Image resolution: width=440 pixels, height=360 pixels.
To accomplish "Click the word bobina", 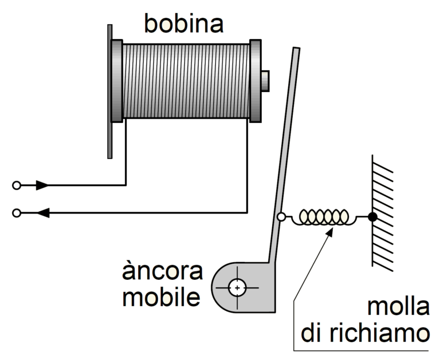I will click(x=183, y=23).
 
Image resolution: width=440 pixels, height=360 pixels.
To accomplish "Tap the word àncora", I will click(x=162, y=271).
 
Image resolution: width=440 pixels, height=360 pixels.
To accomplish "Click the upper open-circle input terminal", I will click(x=17, y=185).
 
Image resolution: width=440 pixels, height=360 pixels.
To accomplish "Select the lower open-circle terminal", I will click(x=17, y=213).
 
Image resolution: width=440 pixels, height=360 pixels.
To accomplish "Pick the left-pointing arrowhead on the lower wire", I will click(x=42, y=213).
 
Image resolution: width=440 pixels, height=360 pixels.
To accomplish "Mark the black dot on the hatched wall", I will click(x=372, y=217).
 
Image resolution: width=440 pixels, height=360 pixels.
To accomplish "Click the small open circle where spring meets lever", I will click(x=281, y=217).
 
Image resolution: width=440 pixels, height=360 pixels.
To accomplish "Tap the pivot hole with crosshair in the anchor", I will click(x=237, y=287).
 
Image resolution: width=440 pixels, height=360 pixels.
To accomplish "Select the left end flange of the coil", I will click(x=117, y=80).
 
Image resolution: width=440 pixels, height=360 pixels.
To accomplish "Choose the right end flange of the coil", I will click(x=255, y=80).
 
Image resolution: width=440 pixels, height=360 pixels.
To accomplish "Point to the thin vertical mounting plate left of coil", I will click(x=109, y=92).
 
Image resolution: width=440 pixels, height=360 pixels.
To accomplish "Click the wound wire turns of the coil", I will click(x=186, y=80).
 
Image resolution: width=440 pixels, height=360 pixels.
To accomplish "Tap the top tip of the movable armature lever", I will click(x=296, y=50).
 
